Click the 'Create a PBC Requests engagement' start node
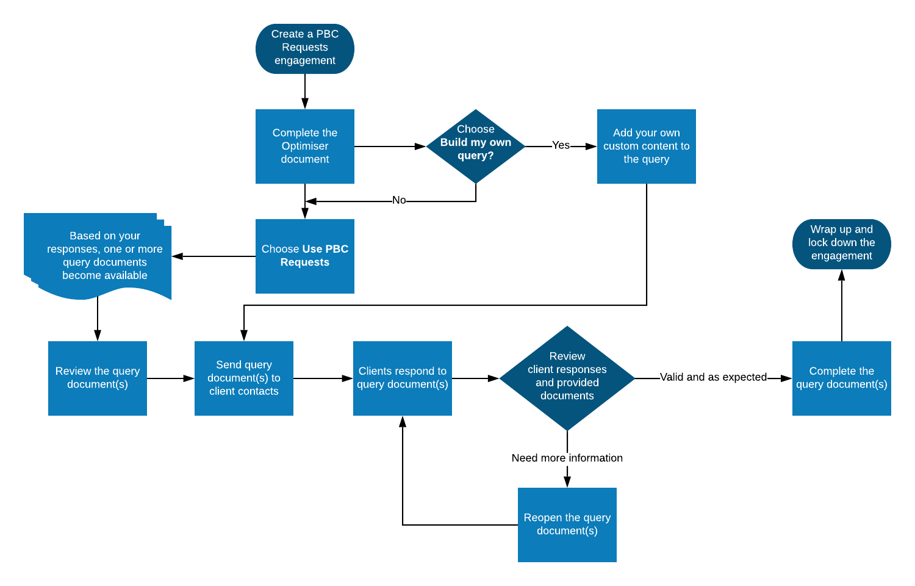tap(305, 48)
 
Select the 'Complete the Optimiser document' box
tap(305, 146)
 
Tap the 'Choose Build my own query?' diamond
tap(476, 146)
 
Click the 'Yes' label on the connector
tap(561, 145)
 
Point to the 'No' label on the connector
tap(399, 200)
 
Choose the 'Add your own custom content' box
tap(646, 146)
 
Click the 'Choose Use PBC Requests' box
tap(305, 256)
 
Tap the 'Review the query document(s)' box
tap(98, 378)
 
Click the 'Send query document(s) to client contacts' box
tap(244, 378)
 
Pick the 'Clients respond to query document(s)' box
tap(403, 378)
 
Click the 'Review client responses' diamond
tap(567, 378)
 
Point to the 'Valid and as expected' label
tap(713, 377)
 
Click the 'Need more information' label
tap(567, 458)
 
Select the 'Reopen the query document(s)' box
tap(567, 524)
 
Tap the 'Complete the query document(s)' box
tap(841, 378)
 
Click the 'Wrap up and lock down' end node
tap(841, 243)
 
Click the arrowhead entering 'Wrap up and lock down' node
tap(842, 275)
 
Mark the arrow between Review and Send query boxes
tap(171, 378)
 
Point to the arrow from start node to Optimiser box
tap(305, 92)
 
